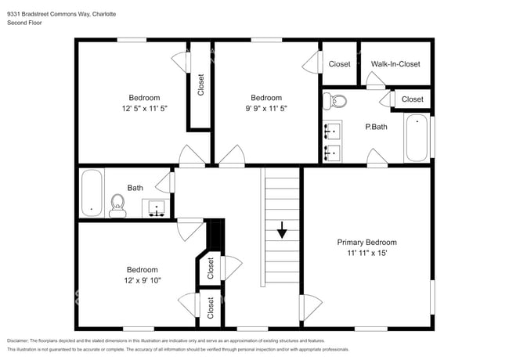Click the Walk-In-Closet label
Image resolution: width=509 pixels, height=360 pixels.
pyautogui.click(x=395, y=64)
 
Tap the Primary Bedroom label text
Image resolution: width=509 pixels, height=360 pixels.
pyautogui.click(x=366, y=242)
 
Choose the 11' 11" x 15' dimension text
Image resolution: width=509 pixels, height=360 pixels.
pyautogui.click(x=366, y=253)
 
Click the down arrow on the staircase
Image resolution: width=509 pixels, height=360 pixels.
pyautogui.click(x=281, y=231)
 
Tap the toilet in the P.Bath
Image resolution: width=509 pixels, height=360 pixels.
pyautogui.click(x=335, y=101)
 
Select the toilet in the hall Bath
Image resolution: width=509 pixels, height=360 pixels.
pyautogui.click(x=117, y=205)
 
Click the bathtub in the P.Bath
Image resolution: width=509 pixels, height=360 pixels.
pyautogui.click(x=417, y=138)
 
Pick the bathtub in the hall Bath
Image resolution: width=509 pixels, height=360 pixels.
pyautogui.click(x=92, y=193)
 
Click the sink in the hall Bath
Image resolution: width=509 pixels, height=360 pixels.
pyautogui.click(x=157, y=208)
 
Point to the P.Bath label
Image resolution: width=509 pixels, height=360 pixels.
pyautogui.click(x=376, y=127)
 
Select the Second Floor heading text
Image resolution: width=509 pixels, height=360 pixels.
pyautogui.click(x=24, y=23)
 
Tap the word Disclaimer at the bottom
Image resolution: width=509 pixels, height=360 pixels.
pyautogui.click(x=22, y=341)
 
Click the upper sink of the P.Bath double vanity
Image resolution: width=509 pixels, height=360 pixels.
pyautogui.click(x=331, y=129)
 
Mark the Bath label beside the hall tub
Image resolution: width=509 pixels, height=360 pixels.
pyautogui.click(x=135, y=188)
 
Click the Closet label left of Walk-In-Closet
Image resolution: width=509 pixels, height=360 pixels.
pyautogui.click(x=339, y=64)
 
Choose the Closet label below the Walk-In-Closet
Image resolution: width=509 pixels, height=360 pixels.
pyautogui.click(x=412, y=99)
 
